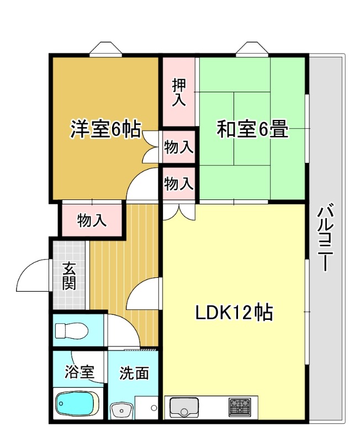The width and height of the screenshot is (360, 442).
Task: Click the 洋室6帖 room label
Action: coord(105,129)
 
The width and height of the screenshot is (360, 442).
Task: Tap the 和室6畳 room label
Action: coord(252,129)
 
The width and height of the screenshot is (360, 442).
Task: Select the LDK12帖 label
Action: coord(234,313)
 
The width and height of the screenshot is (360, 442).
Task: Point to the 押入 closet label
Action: coord(179,92)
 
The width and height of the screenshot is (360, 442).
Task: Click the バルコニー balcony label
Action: coord(326,237)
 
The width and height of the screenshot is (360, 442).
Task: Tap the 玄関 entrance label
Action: coord(69,276)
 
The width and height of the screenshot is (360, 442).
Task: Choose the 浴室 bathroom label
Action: coord(79,372)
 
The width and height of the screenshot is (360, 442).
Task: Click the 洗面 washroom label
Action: coord(134,373)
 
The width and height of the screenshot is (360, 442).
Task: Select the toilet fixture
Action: coord(72,330)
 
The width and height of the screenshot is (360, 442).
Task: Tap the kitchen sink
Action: coord(184,407)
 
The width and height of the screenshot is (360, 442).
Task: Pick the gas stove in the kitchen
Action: coord(240,407)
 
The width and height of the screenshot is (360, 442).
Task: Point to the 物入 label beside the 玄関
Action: coord(92,220)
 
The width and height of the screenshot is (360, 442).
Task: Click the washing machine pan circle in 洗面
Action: coord(154,408)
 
